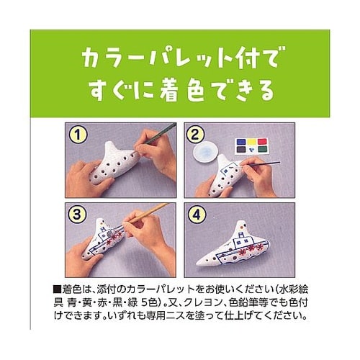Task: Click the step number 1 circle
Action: pyautogui.click(x=77, y=133)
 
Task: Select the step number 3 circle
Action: pyautogui.click(x=77, y=214)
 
